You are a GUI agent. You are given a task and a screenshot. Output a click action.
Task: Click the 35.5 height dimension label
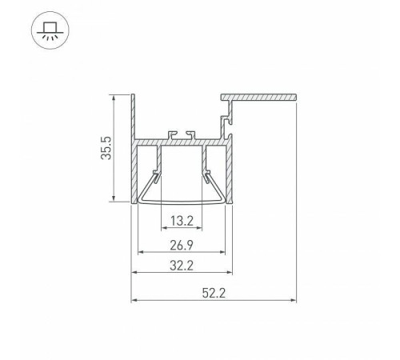pos(106,148)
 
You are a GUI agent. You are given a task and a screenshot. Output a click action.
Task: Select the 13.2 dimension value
pos(182,221)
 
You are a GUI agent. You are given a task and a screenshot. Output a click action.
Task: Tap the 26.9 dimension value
pos(182,245)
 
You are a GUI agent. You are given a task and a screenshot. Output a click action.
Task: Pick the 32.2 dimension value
pos(182,266)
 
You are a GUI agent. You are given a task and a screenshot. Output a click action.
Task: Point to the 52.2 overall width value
pos(214,293)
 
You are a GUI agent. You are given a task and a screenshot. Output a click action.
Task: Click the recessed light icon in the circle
pos(50,30)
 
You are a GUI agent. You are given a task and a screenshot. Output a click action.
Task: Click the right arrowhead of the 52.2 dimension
pos(294,300)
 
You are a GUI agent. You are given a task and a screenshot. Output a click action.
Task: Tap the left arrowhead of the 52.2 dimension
pos(134,300)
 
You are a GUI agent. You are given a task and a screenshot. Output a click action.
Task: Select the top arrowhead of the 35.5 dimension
pos(114,98)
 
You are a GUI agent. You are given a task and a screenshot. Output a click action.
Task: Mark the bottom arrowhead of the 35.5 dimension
pos(114,198)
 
